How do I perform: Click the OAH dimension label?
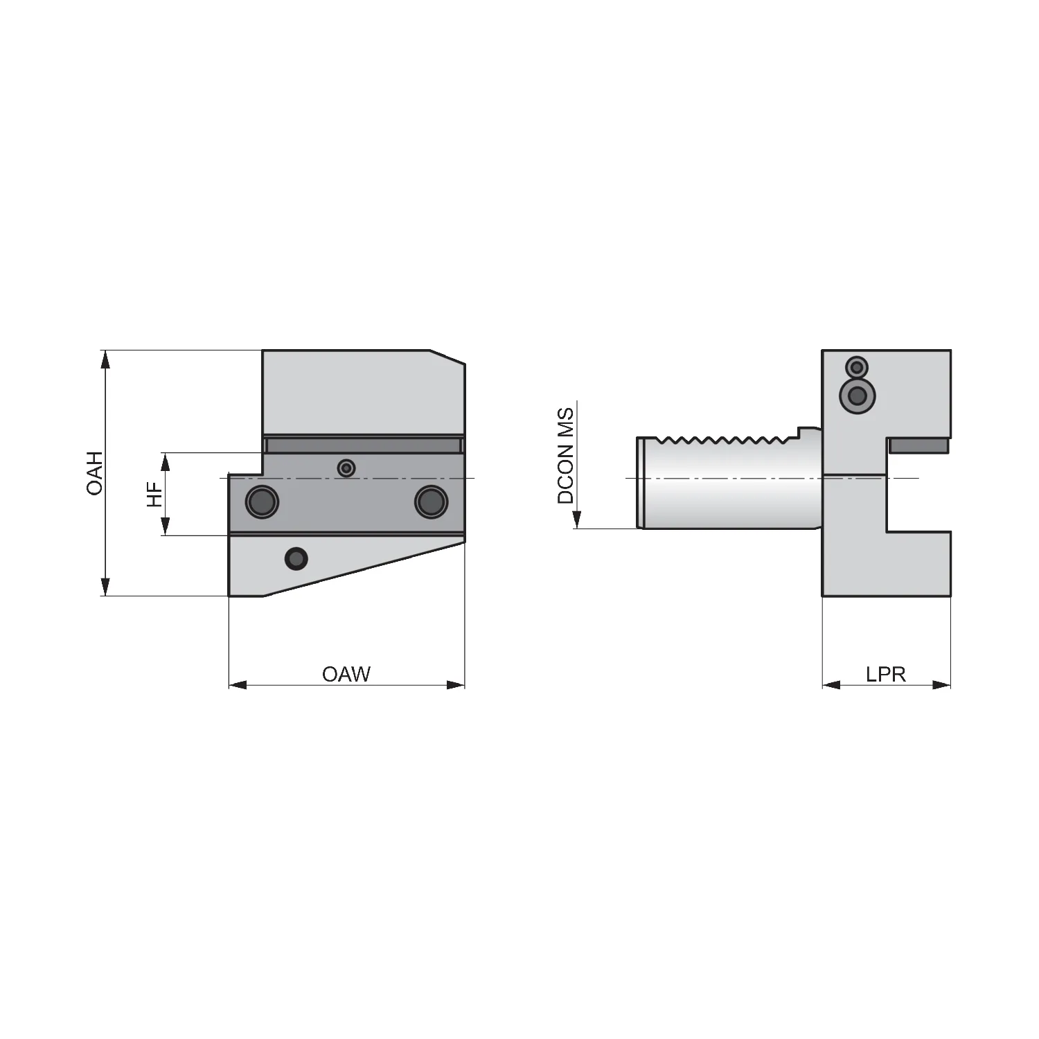(95, 472)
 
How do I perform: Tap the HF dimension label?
(154, 495)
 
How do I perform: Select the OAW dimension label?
(346, 674)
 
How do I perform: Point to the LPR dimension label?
(886, 674)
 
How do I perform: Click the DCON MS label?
(566, 456)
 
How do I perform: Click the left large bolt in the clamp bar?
(262, 501)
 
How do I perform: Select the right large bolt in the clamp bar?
(431, 501)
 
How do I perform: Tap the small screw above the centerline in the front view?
(346, 469)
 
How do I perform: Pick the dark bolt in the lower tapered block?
(296, 558)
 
